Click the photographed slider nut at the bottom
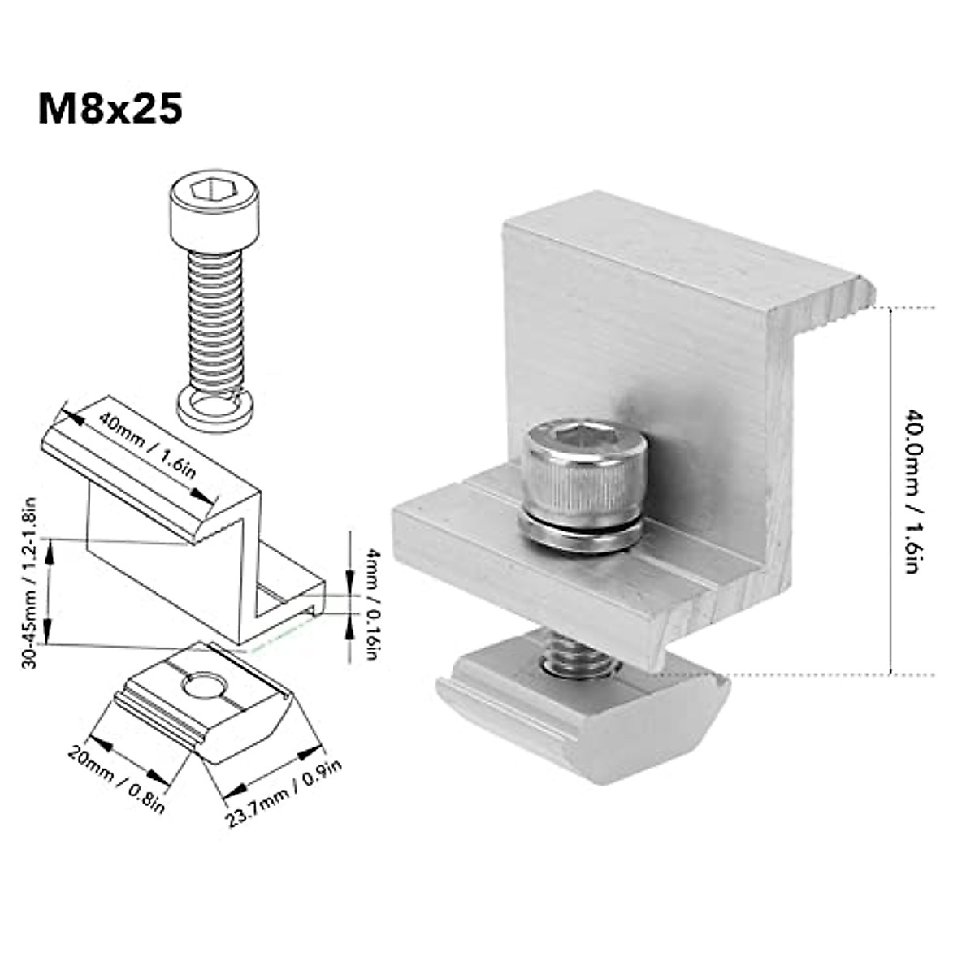point(585,715)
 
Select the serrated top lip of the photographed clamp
point(829,305)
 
